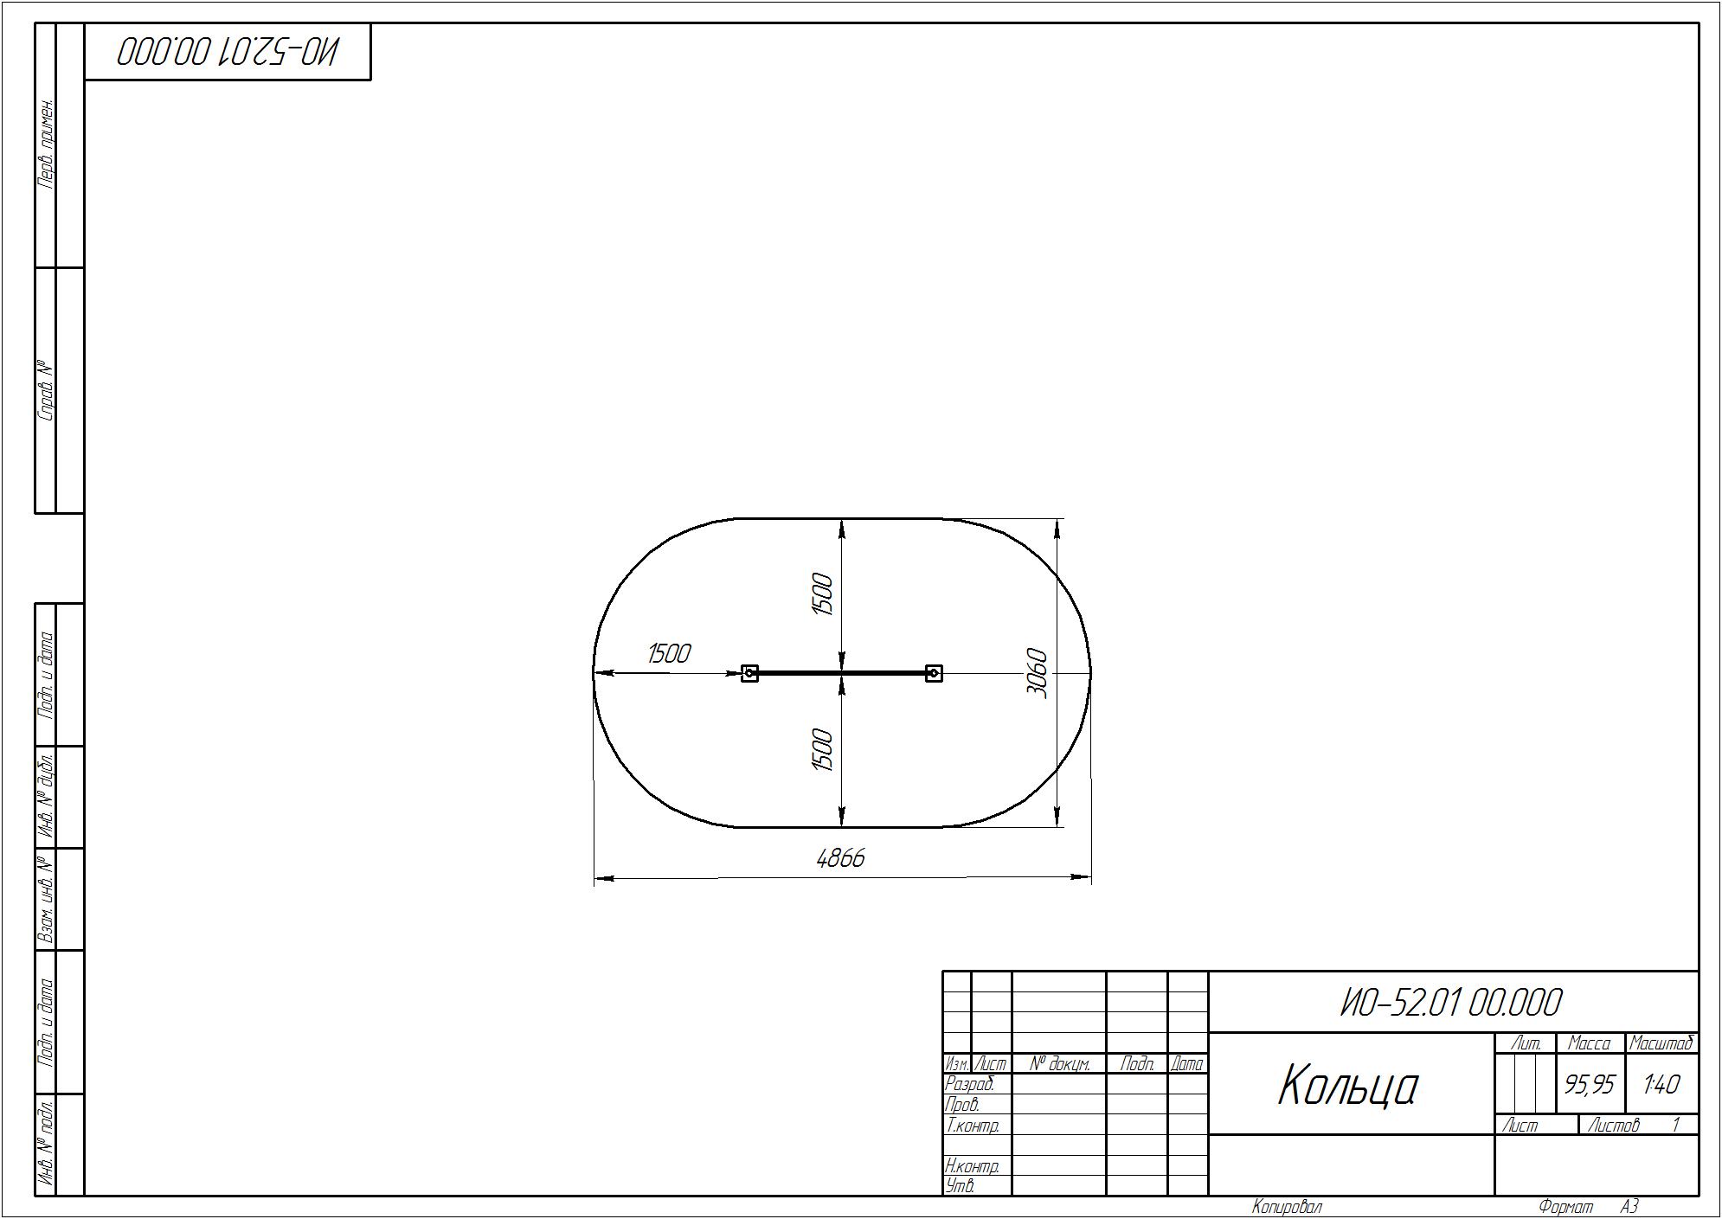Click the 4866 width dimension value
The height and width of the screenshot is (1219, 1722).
[x=840, y=858]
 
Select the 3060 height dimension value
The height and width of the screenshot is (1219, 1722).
[x=1037, y=673]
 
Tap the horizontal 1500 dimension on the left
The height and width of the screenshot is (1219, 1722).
[x=669, y=653]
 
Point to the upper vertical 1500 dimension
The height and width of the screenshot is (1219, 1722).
[x=822, y=594]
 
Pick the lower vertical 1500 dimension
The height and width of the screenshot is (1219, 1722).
[x=822, y=749]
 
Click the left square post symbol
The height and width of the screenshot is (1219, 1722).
[x=750, y=673]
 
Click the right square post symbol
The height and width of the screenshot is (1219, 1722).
[x=934, y=673]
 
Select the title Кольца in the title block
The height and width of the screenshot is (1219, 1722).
[x=1348, y=1087]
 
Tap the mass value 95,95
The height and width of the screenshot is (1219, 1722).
[x=1590, y=1084]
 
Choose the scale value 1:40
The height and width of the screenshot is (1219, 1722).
[x=1661, y=1084]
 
